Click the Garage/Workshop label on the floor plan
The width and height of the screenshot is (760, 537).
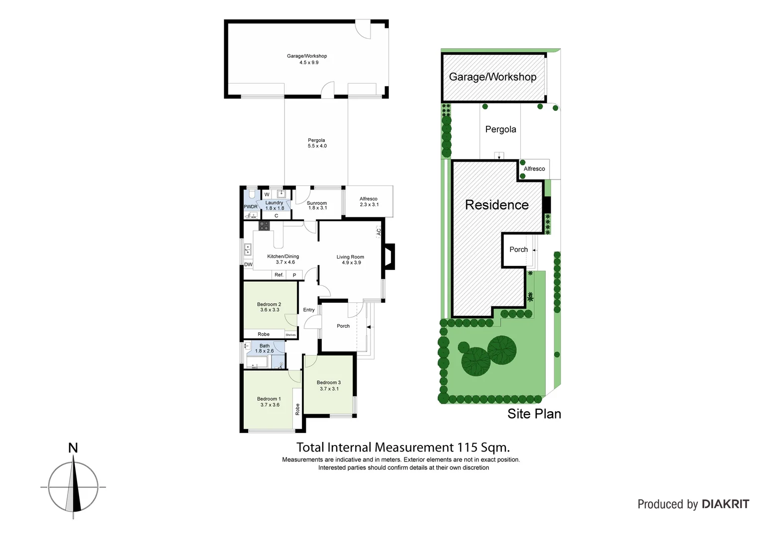click(307, 56)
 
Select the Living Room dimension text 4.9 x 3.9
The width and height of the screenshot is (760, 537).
click(351, 263)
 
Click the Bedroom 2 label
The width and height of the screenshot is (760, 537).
click(269, 304)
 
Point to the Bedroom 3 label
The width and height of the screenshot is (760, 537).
click(329, 383)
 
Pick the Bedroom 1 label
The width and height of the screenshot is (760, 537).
click(269, 399)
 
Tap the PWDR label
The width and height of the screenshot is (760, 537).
click(251, 207)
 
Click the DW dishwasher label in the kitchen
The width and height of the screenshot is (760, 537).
click(248, 265)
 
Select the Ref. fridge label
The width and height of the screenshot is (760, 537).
click(279, 275)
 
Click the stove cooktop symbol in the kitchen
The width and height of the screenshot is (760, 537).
click(264, 226)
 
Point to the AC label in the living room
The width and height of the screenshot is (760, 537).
click(379, 231)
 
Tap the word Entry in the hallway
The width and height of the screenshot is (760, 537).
click(309, 310)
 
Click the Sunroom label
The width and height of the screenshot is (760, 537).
click(317, 203)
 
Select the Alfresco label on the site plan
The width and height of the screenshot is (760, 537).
click(534, 169)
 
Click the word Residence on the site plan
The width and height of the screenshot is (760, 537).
click(497, 205)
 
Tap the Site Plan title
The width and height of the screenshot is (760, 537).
click(534, 414)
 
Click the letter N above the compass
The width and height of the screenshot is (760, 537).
click(73, 448)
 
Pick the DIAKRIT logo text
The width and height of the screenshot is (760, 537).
click(725, 504)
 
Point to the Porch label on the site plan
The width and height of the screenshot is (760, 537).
click(518, 250)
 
